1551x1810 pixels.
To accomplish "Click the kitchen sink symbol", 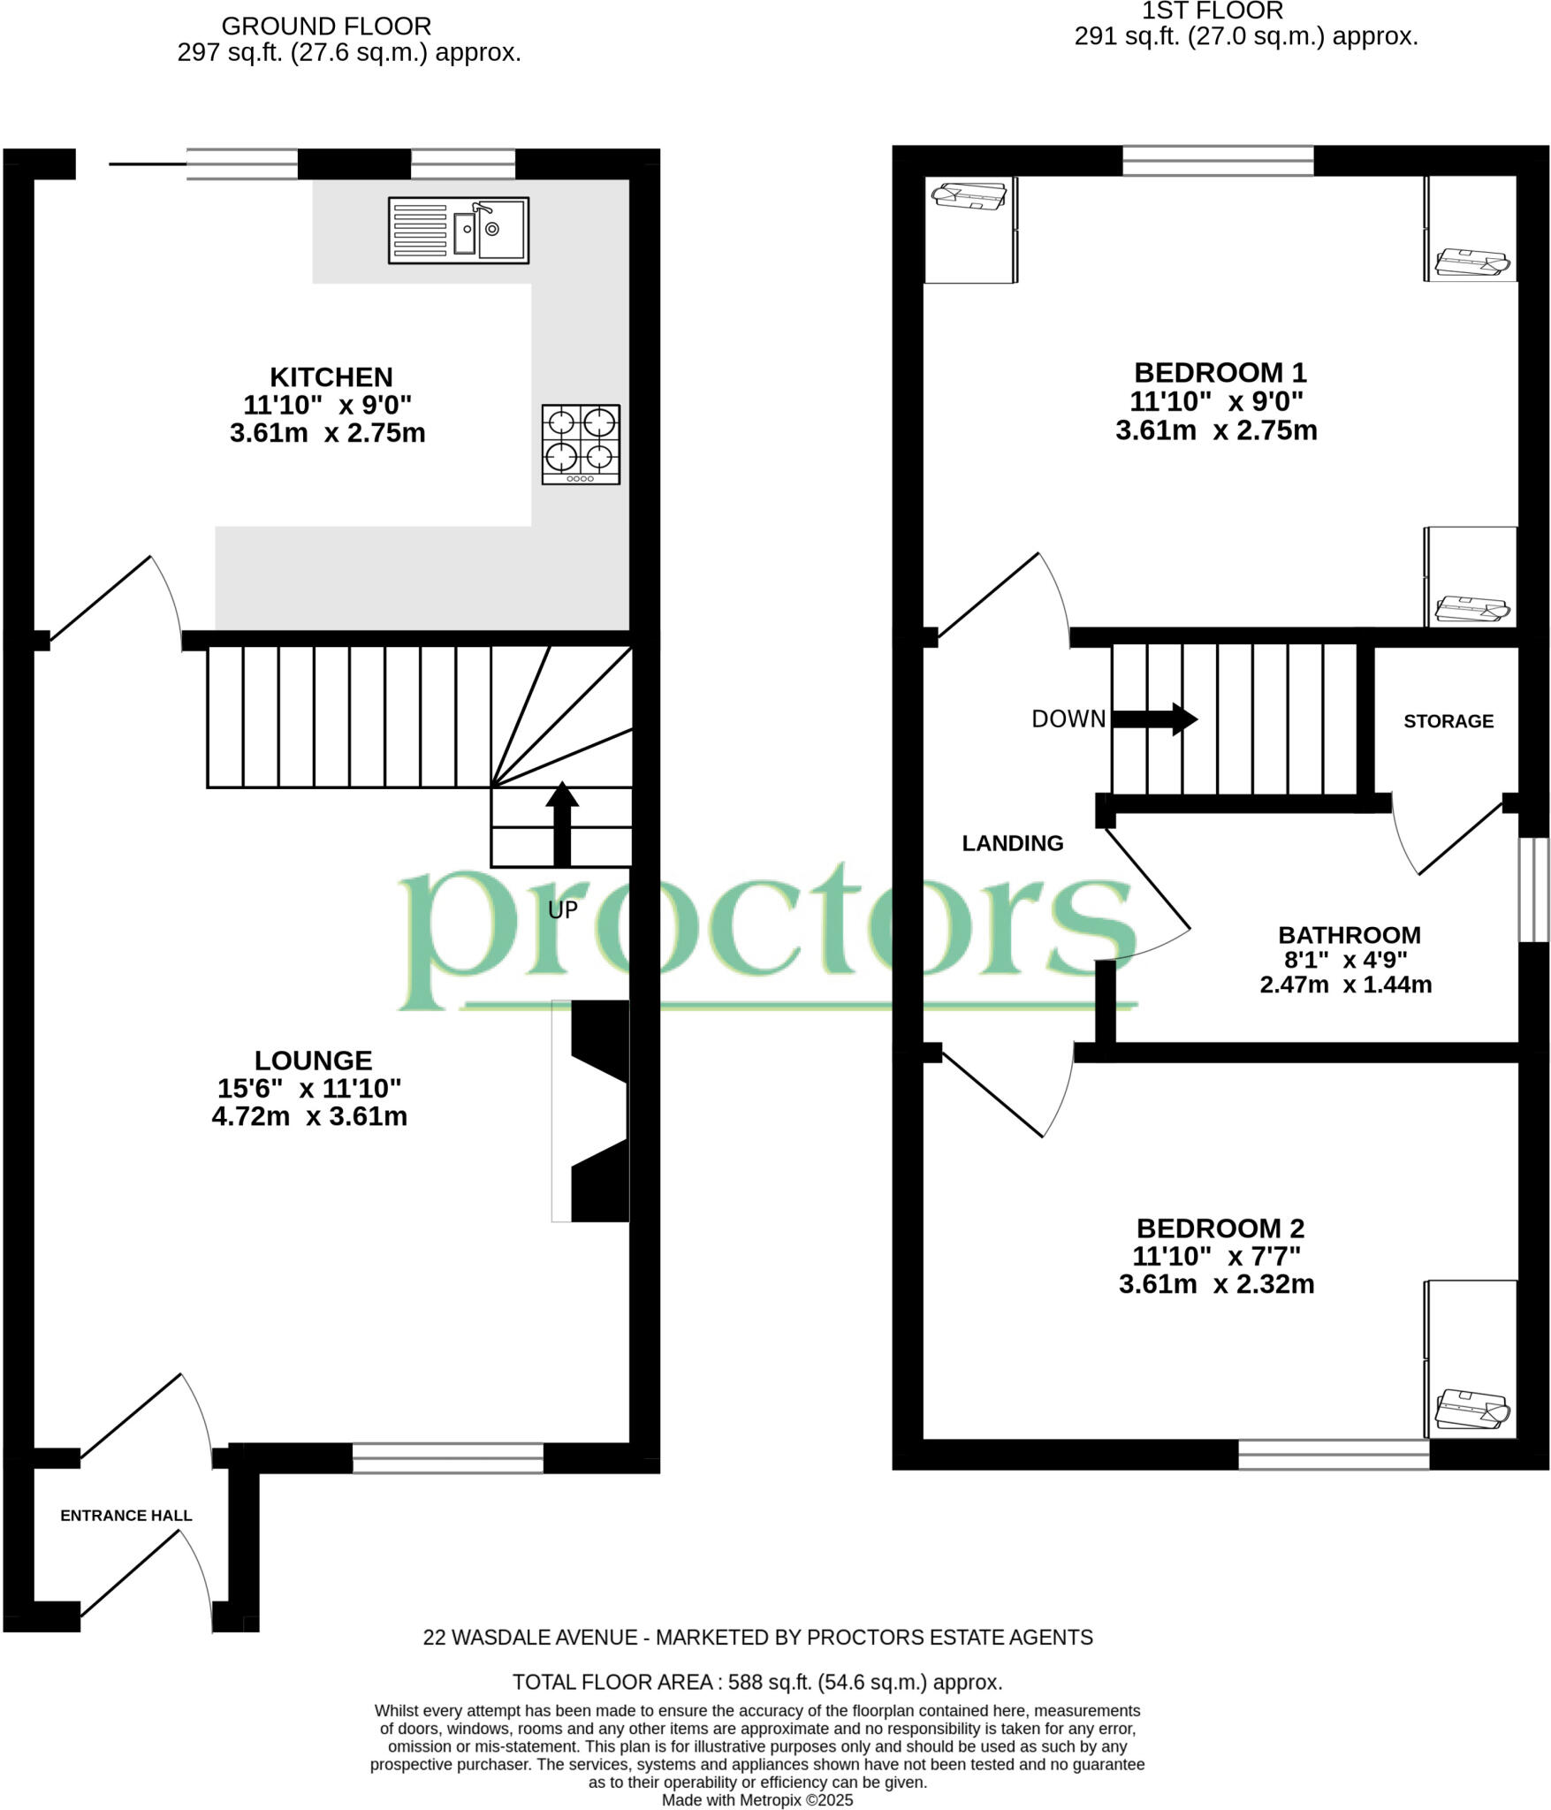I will [458, 230].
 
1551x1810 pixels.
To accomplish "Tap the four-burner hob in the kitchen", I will [581, 445].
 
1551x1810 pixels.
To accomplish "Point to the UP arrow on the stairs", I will [562, 823].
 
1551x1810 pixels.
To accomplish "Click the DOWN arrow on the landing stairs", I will [1153, 719].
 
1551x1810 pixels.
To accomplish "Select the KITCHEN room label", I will [331, 377].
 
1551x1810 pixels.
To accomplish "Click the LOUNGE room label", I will [313, 1060].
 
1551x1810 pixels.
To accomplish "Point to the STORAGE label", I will [1448, 721].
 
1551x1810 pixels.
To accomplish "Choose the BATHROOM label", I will [1349, 935].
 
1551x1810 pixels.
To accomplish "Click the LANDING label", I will [1012, 843].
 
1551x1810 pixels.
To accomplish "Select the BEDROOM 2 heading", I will [1220, 1228].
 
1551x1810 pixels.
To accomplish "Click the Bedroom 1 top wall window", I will [1217, 161].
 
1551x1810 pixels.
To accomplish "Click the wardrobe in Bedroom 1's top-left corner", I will [969, 230].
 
